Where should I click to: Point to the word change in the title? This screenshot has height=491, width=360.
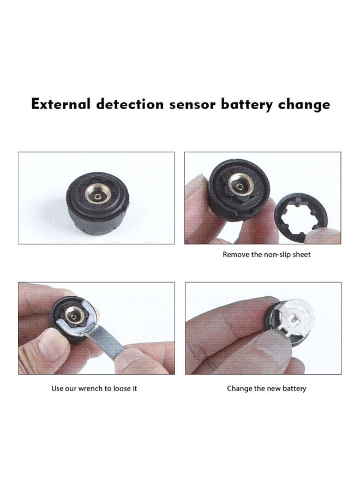tap(304, 104)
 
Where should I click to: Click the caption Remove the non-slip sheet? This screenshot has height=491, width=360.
tap(266, 254)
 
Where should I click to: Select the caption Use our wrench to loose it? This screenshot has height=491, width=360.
tap(94, 388)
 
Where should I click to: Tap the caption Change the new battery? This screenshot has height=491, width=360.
tap(266, 388)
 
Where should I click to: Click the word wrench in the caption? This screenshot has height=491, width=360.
tap(94, 388)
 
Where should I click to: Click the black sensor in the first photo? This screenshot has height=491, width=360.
tap(98, 202)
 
